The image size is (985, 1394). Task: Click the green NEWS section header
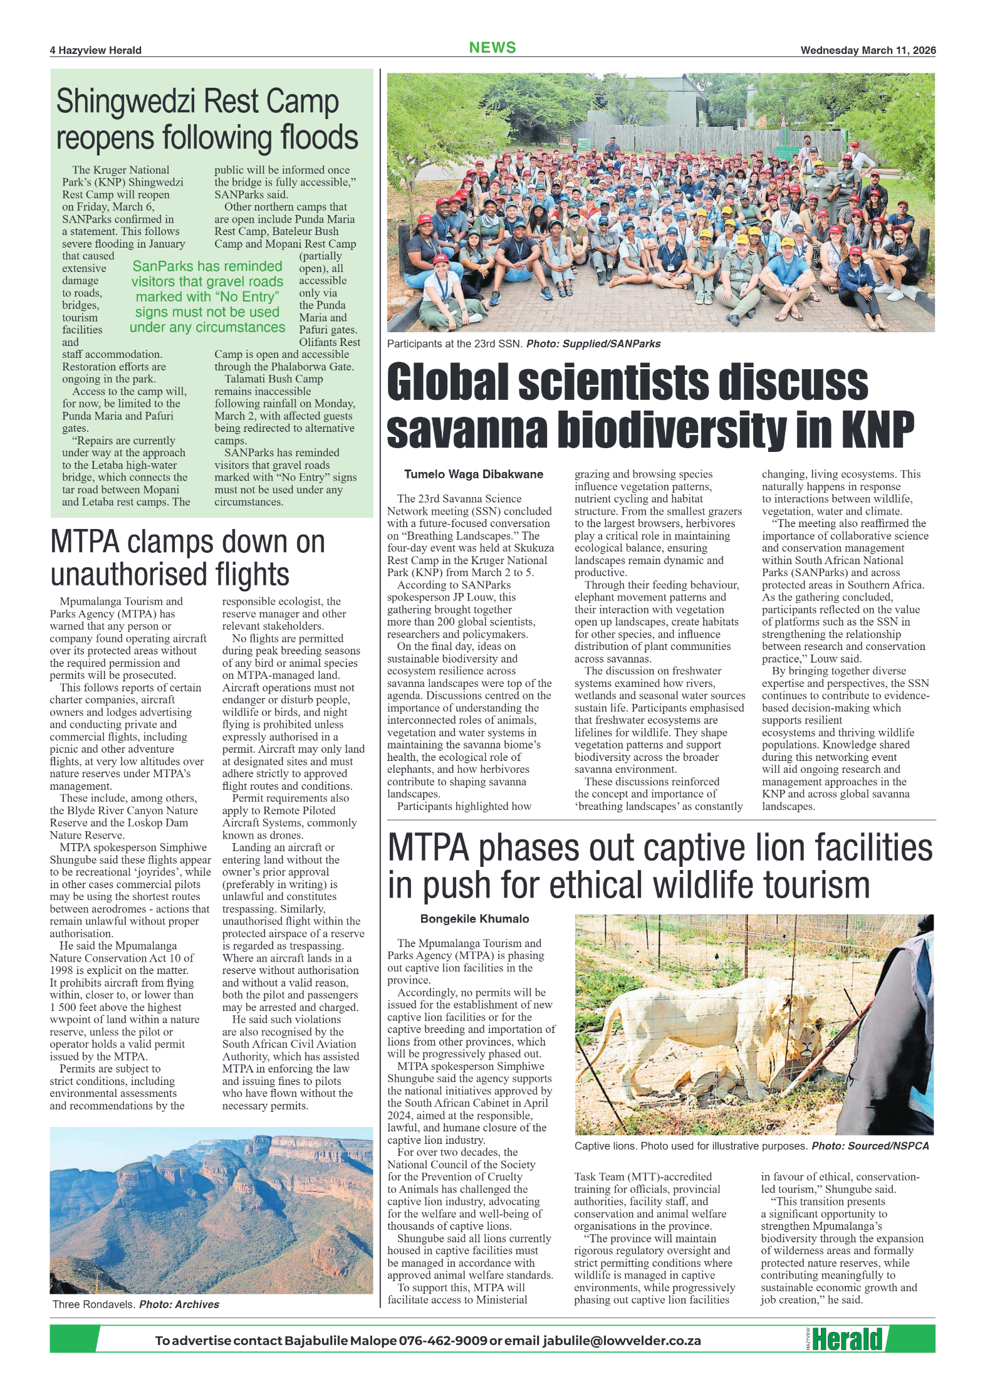(x=492, y=48)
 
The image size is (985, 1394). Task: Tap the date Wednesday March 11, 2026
(x=867, y=50)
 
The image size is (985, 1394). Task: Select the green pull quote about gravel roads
(x=207, y=296)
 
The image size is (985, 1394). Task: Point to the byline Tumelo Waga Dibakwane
(x=473, y=474)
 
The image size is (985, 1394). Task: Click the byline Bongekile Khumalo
(x=474, y=919)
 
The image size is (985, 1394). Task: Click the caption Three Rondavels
(x=93, y=1304)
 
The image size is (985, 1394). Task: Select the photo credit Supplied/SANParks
(x=612, y=343)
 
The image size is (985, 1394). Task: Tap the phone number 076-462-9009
(x=442, y=1341)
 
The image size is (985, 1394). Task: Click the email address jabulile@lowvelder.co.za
(x=622, y=1341)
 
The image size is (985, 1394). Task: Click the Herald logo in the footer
(x=847, y=1339)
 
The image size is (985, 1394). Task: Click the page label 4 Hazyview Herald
(x=96, y=50)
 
